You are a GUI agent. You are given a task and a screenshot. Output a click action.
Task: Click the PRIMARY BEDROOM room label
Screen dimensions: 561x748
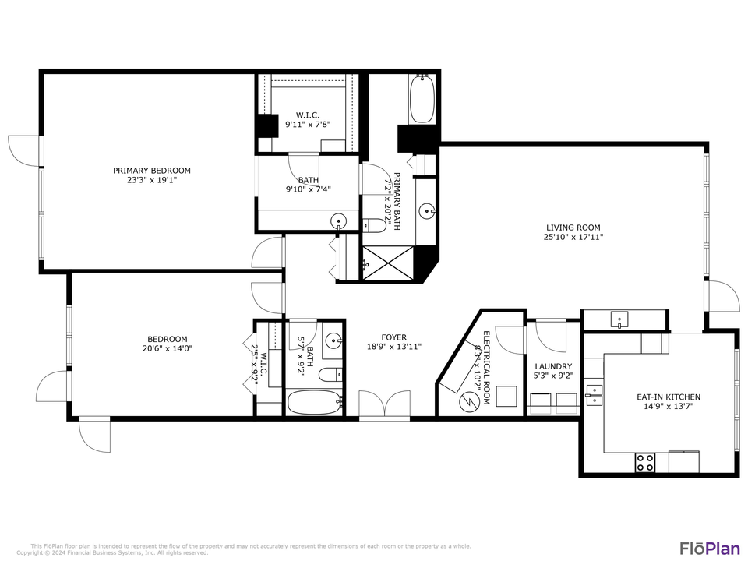point(152,171)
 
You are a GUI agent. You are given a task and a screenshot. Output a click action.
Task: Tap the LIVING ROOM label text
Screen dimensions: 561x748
point(573,228)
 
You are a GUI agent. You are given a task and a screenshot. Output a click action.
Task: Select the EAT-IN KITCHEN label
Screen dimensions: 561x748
point(658,397)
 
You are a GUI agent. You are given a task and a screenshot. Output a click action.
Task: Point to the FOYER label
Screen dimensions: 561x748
point(393,337)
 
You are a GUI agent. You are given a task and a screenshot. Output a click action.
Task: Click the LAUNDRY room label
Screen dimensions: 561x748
point(553,366)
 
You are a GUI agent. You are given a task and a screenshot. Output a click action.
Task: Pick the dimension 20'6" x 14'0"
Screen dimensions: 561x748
point(168,349)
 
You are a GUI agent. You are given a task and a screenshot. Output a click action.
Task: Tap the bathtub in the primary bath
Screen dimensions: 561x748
point(422,99)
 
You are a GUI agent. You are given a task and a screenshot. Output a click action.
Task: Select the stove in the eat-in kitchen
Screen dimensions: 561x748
point(645,462)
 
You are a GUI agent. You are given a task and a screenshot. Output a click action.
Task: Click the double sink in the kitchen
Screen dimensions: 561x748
point(595,395)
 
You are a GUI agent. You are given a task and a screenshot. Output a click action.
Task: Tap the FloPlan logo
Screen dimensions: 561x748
point(710,548)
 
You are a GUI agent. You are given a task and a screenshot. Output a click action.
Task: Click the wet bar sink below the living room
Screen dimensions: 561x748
point(619,319)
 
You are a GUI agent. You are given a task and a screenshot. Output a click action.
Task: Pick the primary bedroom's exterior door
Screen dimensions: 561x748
point(23,149)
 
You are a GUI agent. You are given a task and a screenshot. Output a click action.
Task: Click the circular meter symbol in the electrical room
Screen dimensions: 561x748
point(469,401)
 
